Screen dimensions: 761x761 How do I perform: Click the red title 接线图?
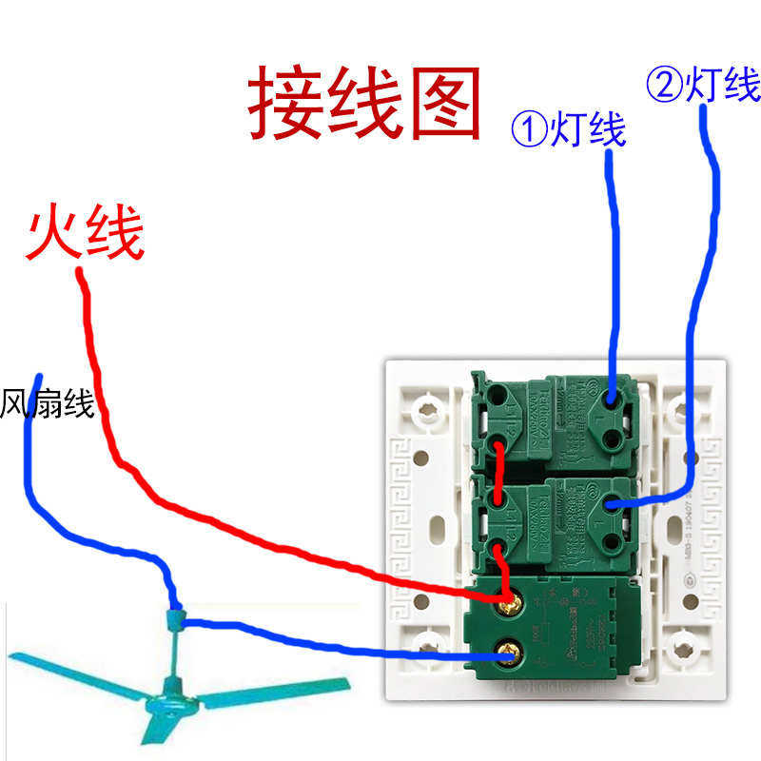tap(364, 103)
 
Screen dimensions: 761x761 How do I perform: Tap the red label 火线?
tap(86, 236)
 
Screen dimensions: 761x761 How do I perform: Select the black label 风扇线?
tap(48, 403)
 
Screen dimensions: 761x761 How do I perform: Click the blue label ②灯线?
tap(704, 86)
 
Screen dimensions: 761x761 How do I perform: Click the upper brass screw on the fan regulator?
tap(508, 600)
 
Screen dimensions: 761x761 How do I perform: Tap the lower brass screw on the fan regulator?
tap(508, 654)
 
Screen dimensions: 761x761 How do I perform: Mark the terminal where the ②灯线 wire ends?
tap(609, 504)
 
